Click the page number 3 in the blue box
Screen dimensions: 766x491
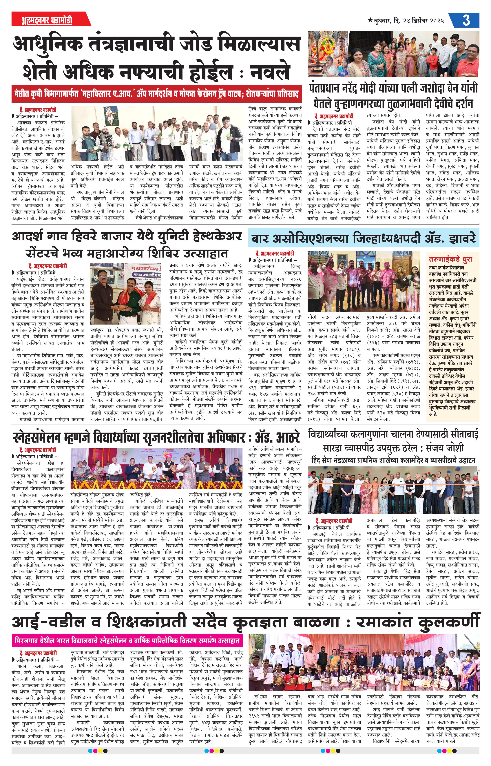(466, 20)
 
